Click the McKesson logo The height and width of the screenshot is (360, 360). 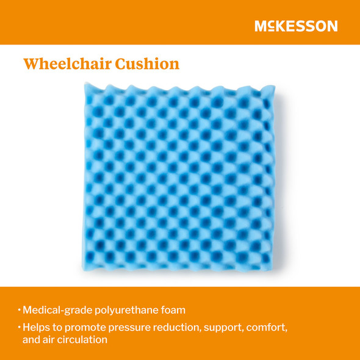(x=296, y=26)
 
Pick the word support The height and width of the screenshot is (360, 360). (x=230, y=328)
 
